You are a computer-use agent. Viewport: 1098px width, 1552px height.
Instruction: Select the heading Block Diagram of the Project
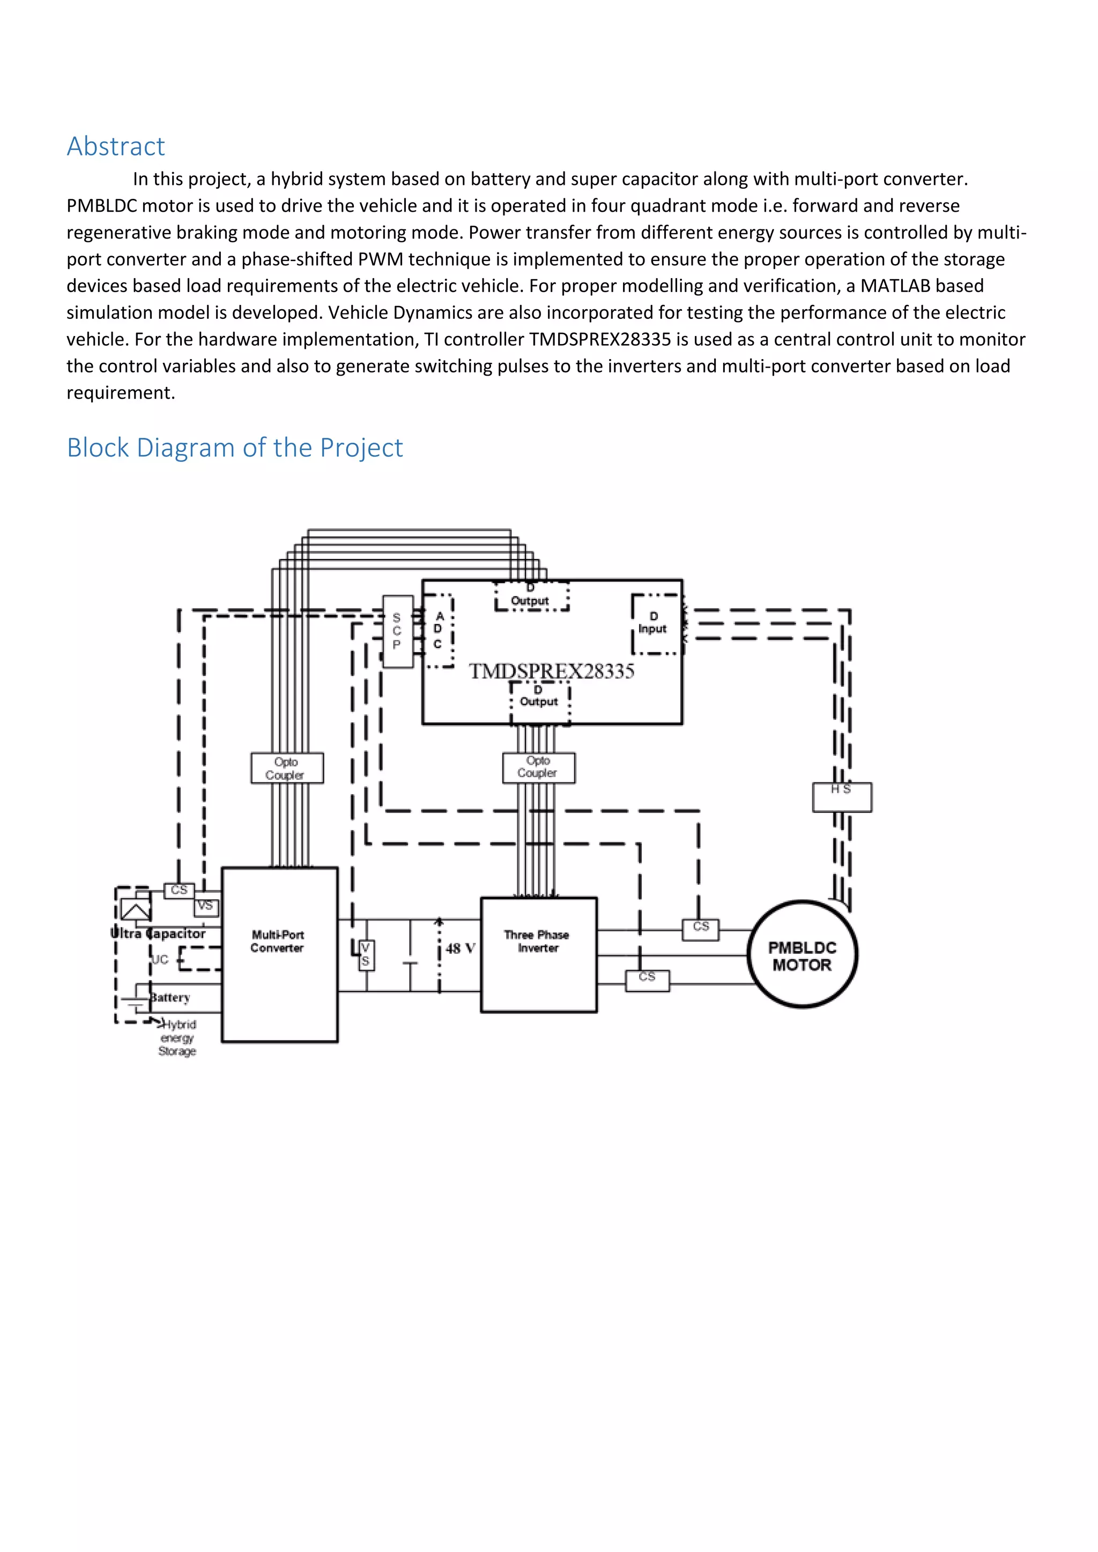click(235, 447)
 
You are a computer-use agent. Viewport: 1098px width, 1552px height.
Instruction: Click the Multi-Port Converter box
click(279, 954)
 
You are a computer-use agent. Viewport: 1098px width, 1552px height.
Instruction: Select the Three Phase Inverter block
click(538, 954)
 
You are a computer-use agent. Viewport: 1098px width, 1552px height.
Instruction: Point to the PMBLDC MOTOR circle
click(803, 955)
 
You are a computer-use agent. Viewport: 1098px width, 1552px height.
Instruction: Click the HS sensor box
click(842, 797)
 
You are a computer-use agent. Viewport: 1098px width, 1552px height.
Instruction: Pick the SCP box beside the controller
click(398, 631)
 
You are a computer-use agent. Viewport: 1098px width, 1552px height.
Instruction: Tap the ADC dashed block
click(438, 631)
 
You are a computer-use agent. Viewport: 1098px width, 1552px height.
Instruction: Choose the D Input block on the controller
click(653, 623)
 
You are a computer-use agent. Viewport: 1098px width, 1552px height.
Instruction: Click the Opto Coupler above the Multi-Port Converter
click(287, 768)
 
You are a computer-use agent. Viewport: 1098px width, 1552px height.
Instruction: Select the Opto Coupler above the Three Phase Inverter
click(539, 767)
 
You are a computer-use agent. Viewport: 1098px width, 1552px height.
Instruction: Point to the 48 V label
click(461, 949)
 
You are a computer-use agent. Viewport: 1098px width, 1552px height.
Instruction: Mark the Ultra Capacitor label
click(158, 934)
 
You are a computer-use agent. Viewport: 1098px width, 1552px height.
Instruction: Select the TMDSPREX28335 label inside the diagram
click(552, 671)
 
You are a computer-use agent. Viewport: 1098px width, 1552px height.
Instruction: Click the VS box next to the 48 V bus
click(365, 954)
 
